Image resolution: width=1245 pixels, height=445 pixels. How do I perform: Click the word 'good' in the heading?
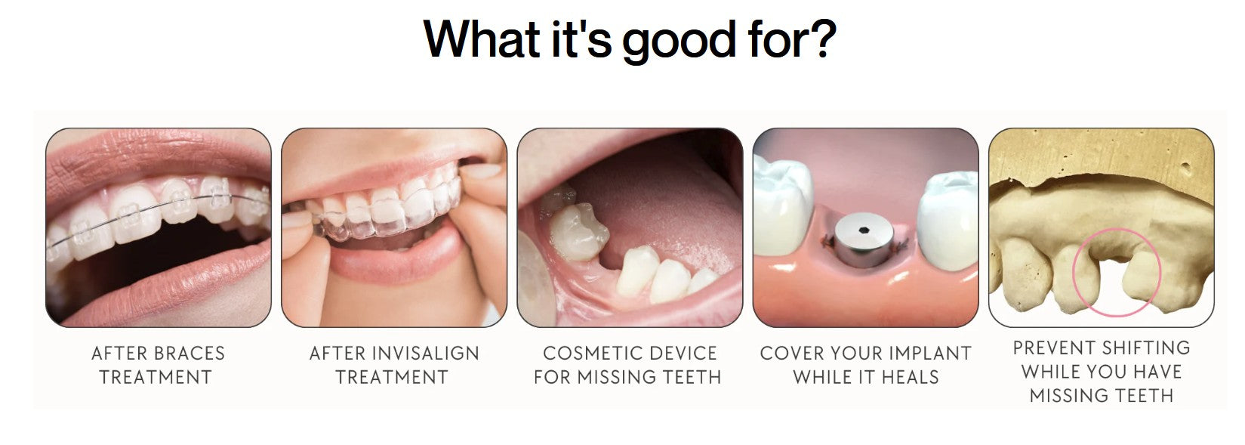click(x=680, y=42)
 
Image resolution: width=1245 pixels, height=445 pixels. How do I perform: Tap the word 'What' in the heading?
click(x=482, y=39)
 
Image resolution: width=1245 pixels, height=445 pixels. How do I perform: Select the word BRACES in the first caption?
click(x=189, y=354)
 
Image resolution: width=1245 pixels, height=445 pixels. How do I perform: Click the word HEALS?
click(x=911, y=377)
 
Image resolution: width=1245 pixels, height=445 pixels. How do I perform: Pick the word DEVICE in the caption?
click(x=674, y=354)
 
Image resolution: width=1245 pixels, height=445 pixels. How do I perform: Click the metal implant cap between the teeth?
click(x=864, y=239)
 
